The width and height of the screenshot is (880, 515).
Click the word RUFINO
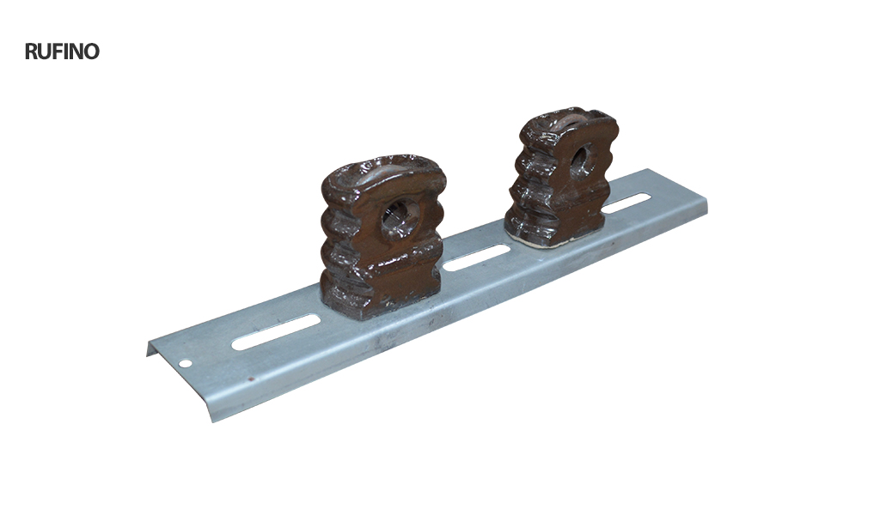[x=62, y=51]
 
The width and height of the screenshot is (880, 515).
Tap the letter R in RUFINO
[x=31, y=51]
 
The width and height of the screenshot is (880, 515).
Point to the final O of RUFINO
[x=92, y=51]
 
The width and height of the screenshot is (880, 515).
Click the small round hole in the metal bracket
[x=184, y=363]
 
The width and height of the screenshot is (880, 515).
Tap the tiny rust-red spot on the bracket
[x=250, y=379]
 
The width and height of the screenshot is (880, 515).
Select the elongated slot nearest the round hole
[x=276, y=332]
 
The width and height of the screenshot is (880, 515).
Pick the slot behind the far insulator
[x=627, y=203]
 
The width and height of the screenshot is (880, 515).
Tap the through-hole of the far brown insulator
[x=583, y=161]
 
